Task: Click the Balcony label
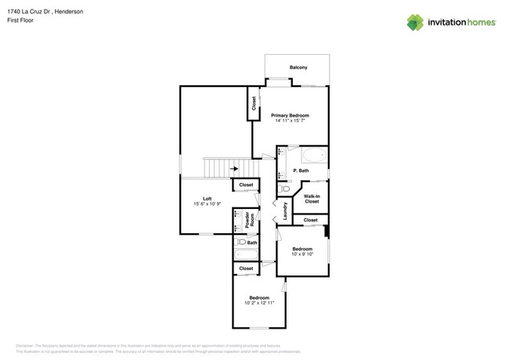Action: pos(298,68)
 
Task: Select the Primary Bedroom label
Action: pos(290,115)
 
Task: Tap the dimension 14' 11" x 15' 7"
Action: pos(290,121)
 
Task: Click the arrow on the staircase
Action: pos(234,168)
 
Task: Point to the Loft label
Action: pos(208,198)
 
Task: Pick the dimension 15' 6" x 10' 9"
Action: pos(208,204)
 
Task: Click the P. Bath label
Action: pos(301,171)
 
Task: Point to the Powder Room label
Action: pos(251,220)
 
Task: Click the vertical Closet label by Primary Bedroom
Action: pos(254,103)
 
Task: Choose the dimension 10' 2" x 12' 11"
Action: pos(259,303)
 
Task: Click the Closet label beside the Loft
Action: pos(246,185)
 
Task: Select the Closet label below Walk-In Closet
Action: pos(311,220)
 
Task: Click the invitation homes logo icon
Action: pos(415,23)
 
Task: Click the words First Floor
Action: pos(20,20)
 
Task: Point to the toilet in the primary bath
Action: pos(285,189)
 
